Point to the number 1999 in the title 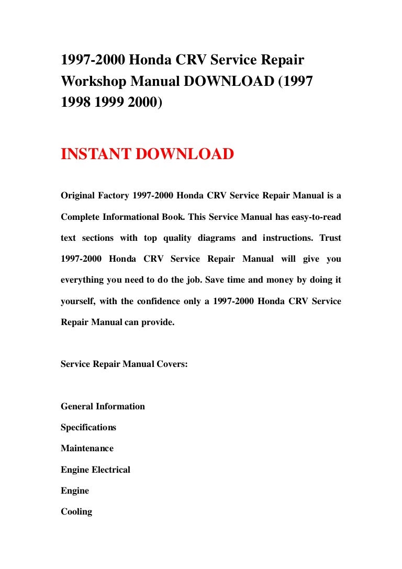pyautogui.click(x=108, y=103)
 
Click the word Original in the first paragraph pyautogui.click(x=77, y=196)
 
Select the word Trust pyautogui.click(x=330, y=238)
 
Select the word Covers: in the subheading pyautogui.click(x=170, y=364)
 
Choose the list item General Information pyautogui.click(x=103, y=406)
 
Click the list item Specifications pyautogui.click(x=88, y=427)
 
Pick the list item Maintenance pyautogui.click(x=87, y=448)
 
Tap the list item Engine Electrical pyautogui.click(x=95, y=470)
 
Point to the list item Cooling pyautogui.click(x=76, y=511)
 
